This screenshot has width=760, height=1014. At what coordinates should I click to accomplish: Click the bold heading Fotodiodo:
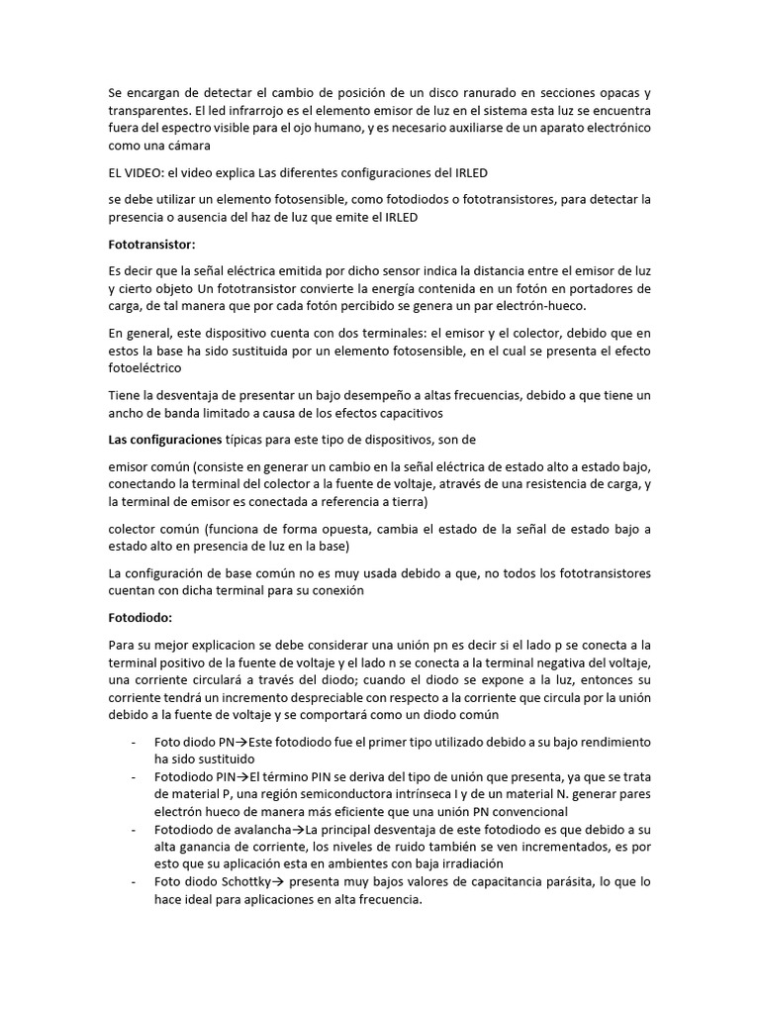pos(141,616)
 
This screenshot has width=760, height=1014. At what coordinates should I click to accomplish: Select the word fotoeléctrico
pos(145,368)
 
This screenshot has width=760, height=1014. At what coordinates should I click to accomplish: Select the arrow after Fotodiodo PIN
pos(241,775)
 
